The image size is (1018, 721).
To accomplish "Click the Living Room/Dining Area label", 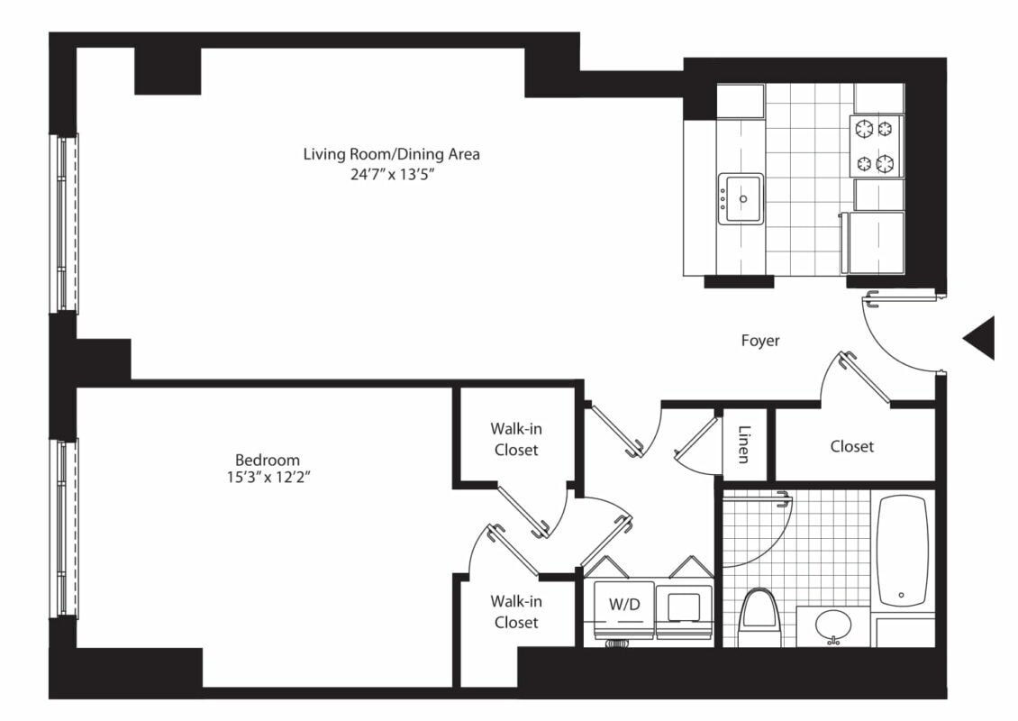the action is point(392,154).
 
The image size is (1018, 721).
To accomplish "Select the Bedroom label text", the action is point(268,460).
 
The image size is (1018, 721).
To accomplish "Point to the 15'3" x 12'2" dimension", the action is point(268,478).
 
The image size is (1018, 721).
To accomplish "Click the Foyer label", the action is point(760,341).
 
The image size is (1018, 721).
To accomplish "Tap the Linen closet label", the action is point(745,444).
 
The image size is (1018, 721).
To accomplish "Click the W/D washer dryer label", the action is point(624,605).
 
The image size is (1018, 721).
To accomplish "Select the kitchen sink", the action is point(741,199).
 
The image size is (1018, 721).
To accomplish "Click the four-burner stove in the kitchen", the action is point(875,146).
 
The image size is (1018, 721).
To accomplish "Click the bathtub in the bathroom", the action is point(903,551).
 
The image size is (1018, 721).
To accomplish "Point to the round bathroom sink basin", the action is point(833,625).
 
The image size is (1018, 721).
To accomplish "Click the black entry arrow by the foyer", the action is point(978,338).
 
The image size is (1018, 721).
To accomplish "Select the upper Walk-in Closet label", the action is point(516,439).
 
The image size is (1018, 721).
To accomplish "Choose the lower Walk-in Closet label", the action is point(516,612).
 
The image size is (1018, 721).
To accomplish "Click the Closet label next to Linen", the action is point(852,446).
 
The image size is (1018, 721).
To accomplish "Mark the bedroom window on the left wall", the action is point(64,528).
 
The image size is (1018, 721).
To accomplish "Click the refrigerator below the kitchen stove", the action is point(872,242).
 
